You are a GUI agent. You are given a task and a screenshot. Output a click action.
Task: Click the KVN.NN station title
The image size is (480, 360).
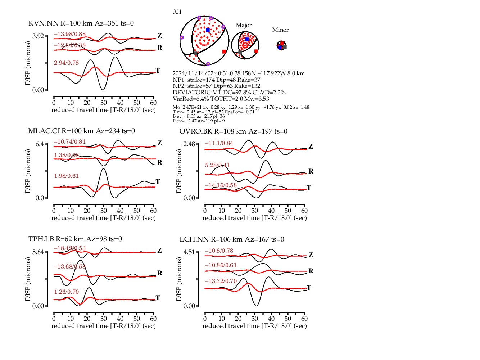[x=81, y=23]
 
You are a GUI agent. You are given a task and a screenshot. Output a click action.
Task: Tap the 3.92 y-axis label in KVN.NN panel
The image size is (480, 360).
[x=38, y=36]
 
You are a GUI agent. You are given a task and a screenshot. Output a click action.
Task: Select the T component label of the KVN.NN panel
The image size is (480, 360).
[x=158, y=70]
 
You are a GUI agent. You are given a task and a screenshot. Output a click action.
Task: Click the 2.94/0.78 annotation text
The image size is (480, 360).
[x=66, y=63]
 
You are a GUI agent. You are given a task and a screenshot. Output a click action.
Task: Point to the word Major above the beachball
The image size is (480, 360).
[x=244, y=25]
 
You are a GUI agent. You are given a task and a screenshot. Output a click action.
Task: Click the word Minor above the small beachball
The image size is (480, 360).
[x=280, y=30]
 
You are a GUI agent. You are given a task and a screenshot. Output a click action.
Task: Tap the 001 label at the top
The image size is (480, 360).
[x=177, y=12]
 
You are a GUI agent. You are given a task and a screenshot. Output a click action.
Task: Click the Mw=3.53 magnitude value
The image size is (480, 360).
[x=258, y=99]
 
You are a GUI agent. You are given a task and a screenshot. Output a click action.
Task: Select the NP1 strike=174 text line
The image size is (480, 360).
[x=216, y=80]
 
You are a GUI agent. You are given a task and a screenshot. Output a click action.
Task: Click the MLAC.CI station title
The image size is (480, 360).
[x=81, y=131]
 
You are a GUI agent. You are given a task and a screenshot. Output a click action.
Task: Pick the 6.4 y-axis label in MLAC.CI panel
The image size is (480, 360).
[x=40, y=144]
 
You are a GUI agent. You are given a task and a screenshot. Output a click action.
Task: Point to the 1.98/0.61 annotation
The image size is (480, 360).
[x=66, y=176]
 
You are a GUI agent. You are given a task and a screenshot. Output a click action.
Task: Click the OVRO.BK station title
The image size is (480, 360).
[x=233, y=131]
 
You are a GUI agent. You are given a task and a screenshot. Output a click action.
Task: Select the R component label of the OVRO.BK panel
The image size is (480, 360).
[x=311, y=171]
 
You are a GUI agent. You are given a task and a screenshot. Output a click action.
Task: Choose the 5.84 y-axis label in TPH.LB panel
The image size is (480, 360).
[x=38, y=252]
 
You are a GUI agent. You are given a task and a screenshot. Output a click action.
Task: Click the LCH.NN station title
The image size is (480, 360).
[x=232, y=239]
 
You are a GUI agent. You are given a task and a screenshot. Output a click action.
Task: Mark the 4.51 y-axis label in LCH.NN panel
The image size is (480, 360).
[x=189, y=252]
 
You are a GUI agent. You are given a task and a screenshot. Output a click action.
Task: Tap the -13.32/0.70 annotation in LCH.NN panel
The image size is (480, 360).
[x=221, y=281]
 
